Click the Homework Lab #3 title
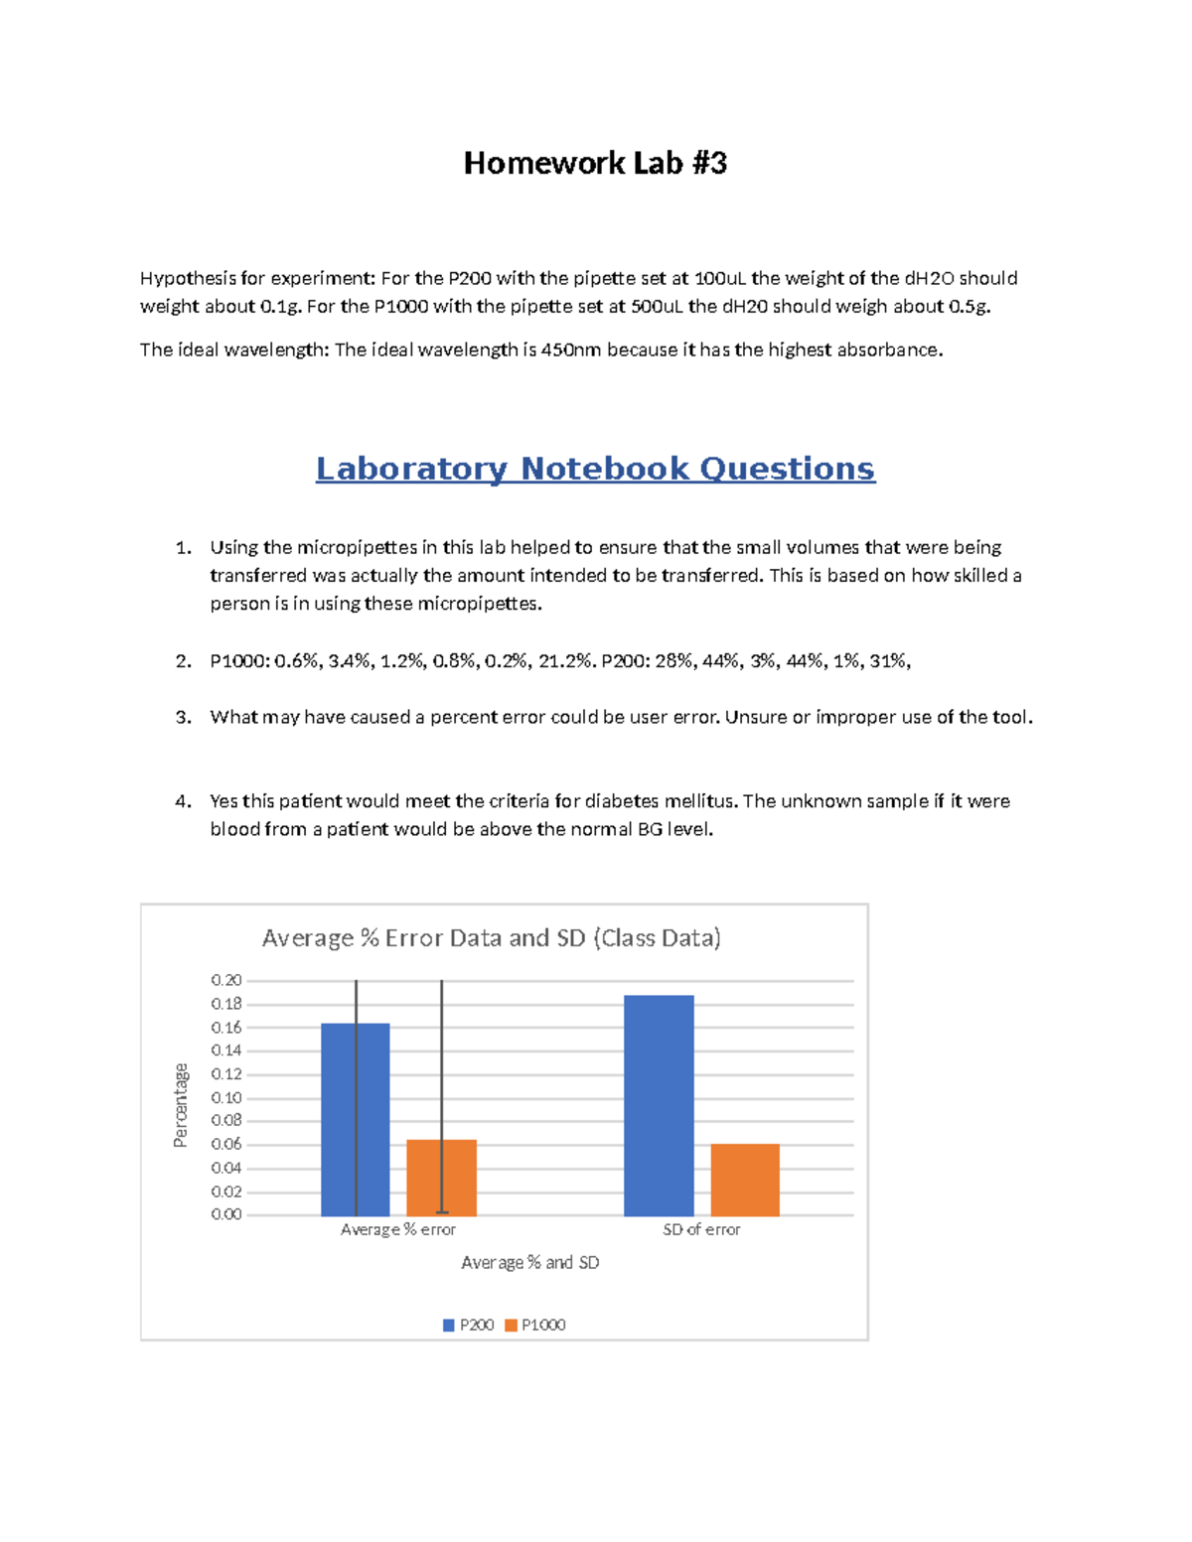[595, 163]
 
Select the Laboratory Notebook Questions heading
[595, 469]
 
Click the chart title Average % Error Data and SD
[491, 938]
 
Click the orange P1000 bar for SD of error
[745, 1181]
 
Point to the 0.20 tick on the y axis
[226, 980]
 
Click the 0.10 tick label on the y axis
[226, 1097]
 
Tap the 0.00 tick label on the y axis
[226, 1214]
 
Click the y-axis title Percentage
[181, 1105]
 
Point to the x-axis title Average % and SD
[529, 1263]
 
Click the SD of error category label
[701, 1229]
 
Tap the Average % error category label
[397, 1229]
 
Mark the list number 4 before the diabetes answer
[182, 801]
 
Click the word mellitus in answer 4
[700, 801]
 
